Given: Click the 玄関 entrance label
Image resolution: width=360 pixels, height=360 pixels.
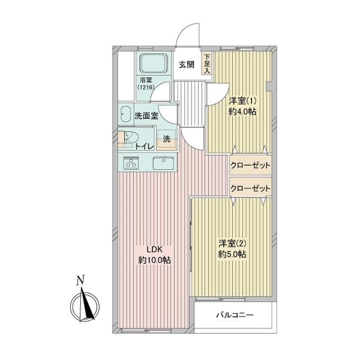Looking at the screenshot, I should pyautogui.click(x=186, y=65).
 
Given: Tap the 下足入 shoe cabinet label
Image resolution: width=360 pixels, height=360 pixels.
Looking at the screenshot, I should pyautogui.click(x=207, y=64).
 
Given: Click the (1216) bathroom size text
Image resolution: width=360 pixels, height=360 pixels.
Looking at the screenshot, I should pyautogui.click(x=146, y=88).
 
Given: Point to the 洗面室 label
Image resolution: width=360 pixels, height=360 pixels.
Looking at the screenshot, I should pyautogui.click(x=147, y=116).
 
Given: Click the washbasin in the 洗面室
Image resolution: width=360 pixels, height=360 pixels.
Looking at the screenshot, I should pyautogui.click(x=126, y=113).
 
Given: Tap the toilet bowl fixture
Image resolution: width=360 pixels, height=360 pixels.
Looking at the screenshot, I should pyautogui.click(x=126, y=139).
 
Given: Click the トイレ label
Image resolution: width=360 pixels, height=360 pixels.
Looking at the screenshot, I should pyautogui.click(x=145, y=145).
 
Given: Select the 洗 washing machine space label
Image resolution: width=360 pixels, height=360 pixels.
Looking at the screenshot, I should pyautogui.click(x=167, y=139).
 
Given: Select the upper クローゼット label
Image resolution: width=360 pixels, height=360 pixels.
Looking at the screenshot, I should pyautogui.click(x=251, y=166).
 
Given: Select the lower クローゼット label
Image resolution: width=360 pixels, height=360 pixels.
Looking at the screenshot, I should pyautogui.click(x=251, y=188).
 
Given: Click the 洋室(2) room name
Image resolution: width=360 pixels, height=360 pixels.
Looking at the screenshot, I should pyautogui.click(x=232, y=243).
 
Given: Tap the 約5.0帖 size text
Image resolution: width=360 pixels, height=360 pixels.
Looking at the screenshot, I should pyautogui.click(x=232, y=254).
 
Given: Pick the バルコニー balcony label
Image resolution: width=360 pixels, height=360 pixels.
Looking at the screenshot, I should pyautogui.click(x=234, y=316).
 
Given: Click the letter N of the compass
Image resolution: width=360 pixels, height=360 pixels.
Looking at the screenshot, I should pyautogui.click(x=80, y=280).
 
